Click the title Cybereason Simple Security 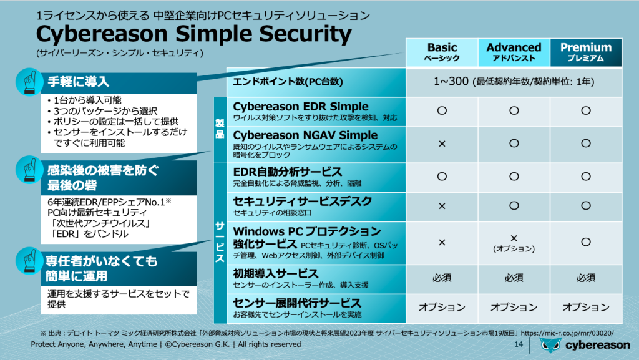[x=193, y=33]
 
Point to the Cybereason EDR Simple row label [x=300, y=107]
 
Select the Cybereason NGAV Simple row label [x=305, y=135]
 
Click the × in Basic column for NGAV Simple [x=442, y=144]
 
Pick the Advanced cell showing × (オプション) [x=514, y=243]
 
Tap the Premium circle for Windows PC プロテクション [x=585, y=241]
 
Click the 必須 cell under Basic [x=442, y=278]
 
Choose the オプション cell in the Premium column [x=585, y=308]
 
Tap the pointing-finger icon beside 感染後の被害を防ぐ [x=27, y=170]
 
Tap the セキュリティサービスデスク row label [x=302, y=201]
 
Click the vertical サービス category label [x=220, y=243]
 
